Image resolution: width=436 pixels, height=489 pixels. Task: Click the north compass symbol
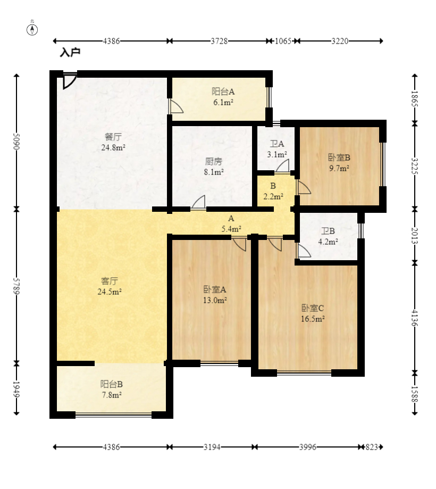[32, 30]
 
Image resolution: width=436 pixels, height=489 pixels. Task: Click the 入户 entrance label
[70, 52]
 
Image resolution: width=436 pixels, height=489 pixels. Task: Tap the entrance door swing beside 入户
[69, 81]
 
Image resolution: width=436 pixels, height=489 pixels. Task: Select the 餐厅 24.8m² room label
[113, 142]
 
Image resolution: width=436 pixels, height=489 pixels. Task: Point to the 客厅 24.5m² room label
[110, 286]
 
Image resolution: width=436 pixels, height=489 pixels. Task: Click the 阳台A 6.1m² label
[223, 97]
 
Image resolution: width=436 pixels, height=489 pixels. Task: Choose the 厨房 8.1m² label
[214, 167]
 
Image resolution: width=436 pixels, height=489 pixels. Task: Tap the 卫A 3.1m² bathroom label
[276, 149]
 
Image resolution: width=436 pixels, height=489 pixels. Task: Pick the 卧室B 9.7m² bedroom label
[339, 163]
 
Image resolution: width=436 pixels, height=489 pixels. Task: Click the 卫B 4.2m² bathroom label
[328, 236]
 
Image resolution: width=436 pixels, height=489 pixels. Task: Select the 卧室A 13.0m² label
[215, 295]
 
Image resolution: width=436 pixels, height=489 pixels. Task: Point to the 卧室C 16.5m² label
[313, 313]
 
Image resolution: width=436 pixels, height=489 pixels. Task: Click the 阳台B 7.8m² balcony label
[112, 389]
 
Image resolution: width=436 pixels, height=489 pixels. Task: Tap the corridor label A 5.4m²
[231, 223]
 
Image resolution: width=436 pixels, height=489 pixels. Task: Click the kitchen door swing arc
[198, 202]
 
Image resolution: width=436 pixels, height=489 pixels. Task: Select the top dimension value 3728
[219, 41]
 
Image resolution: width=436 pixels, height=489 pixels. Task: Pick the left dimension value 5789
[16, 286]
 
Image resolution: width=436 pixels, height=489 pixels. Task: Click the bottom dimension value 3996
[308, 447]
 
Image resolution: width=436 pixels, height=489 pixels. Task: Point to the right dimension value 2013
[415, 236]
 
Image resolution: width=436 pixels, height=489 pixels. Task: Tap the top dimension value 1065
[283, 41]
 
